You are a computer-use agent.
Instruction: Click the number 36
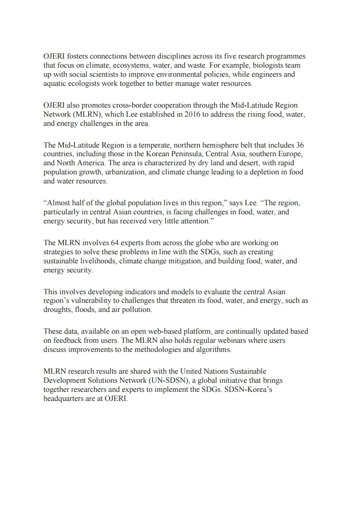click(300, 145)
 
